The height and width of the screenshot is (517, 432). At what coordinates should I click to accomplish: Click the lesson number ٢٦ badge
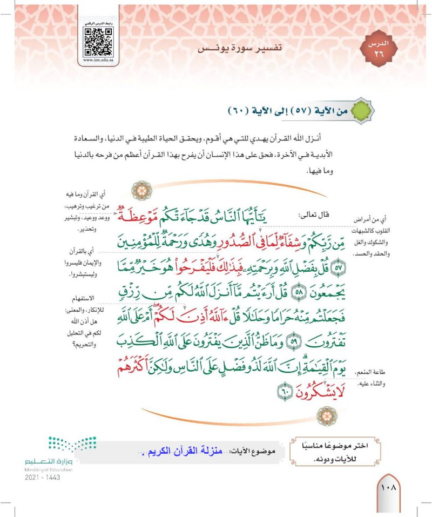point(377,49)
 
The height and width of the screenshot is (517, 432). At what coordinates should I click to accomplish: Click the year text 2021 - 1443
point(42,478)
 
